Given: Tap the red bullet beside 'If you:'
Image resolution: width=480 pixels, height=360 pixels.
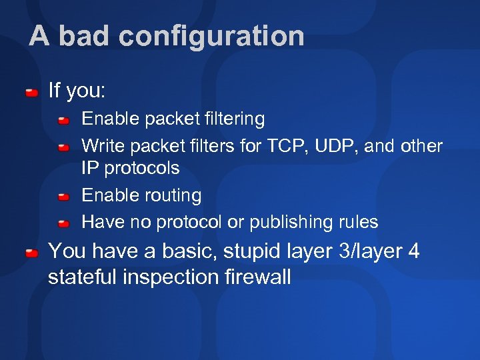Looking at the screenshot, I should (31, 91).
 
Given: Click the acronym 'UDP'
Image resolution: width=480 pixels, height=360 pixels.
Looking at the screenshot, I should (333, 146).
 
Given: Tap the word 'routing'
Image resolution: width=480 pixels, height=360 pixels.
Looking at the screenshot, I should (171, 196).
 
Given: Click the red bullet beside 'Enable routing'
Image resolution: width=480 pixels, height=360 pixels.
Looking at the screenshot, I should (63, 197).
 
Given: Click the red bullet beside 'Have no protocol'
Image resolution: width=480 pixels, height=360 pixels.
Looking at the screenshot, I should (63, 223).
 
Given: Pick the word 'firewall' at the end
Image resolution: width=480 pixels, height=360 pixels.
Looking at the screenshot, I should (261, 277).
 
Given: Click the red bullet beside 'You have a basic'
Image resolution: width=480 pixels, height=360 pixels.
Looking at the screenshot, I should (31, 253).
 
